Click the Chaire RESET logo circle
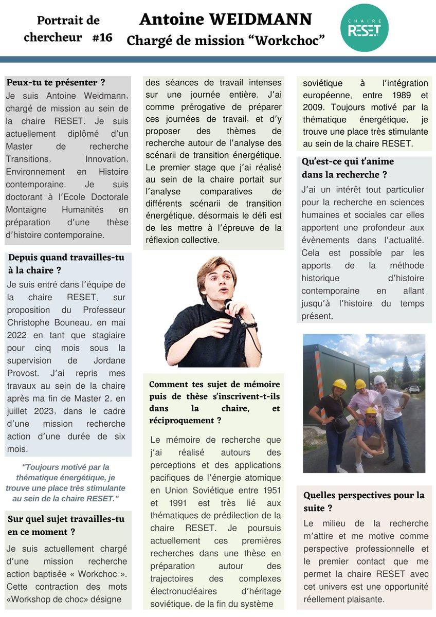(365, 28)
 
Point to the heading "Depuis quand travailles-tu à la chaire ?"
(66, 264)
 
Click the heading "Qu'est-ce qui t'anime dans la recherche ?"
(348, 168)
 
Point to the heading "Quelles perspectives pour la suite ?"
(364, 501)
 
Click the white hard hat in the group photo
(379, 380)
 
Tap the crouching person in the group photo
(367, 432)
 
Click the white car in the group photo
(414, 389)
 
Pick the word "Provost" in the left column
(21, 373)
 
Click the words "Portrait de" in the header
(68, 21)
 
